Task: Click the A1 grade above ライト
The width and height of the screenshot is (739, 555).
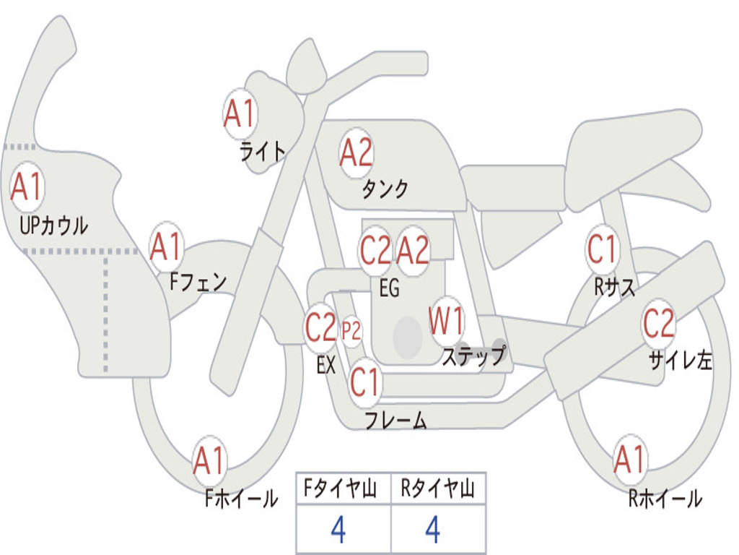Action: (x=240, y=113)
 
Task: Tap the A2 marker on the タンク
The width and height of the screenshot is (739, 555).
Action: (x=357, y=152)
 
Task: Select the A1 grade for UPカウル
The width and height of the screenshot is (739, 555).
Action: (x=27, y=187)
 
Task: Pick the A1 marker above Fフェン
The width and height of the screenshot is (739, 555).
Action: (x=167, y=247)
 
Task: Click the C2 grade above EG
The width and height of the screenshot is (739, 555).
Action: (x=375, y=251)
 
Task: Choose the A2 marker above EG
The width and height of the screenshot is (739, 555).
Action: (x=414, y=251)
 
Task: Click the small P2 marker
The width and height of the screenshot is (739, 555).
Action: (x=351, y=332)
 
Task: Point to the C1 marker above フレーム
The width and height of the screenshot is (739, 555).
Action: (x=364, y=381)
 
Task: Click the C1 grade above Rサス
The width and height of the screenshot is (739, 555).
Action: (x=602, y=250)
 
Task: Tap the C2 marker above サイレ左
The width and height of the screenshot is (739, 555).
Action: (x=659, y=324)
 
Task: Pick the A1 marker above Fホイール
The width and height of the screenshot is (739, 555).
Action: (x=210, y=460)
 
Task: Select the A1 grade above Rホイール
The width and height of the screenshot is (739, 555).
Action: (x=629, y=460)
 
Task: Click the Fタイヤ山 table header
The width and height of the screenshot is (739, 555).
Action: (x=342, y=490)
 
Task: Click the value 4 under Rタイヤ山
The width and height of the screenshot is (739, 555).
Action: (x=432, y=531)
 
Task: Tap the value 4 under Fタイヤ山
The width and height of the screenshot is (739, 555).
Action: (x=338, y=531)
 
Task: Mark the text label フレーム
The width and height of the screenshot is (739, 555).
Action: (x=395, y=421)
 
